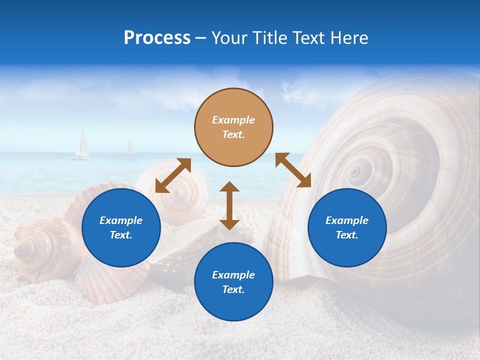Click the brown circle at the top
[233, 127]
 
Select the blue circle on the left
[121, 227]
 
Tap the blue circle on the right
[347, 227]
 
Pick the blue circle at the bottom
[233, 281]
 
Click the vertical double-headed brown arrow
[229, 205]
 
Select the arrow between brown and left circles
[173, 175]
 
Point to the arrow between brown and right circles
[293, 170]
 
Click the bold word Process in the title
[157, 38]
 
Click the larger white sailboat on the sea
[81, 145]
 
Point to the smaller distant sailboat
[128, 148]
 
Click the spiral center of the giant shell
[355, 172]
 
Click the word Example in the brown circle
[233, 120]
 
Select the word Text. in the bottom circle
[233, 289]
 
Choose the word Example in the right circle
[347, 220]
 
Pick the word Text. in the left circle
[121, 235]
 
